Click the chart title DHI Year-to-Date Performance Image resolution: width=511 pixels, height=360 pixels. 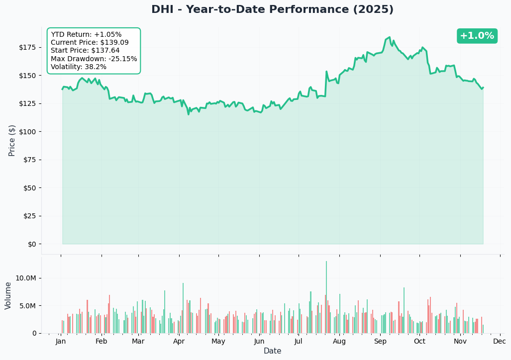coord(272,10)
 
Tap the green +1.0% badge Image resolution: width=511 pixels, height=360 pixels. coord(477,36)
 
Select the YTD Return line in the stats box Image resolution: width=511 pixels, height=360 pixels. coord(86,35)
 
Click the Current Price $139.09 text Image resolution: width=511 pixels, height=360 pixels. coord(90,43)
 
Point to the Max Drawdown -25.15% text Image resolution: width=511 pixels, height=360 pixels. coord(94,59)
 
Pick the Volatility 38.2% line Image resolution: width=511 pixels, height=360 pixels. coord(79,67)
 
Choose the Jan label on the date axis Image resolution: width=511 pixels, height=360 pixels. coord(61,342)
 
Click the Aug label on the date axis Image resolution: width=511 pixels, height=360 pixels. coord(339,342)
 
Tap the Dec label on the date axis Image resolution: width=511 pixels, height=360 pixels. coord(500,342)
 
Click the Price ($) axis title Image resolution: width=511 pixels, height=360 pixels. coord(12,140)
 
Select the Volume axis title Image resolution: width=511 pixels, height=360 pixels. coord(8,295)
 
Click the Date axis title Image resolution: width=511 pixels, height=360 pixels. coord(272,351)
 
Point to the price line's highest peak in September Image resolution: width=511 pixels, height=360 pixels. coord(389,37)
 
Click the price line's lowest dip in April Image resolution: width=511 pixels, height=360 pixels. coord(189,114)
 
